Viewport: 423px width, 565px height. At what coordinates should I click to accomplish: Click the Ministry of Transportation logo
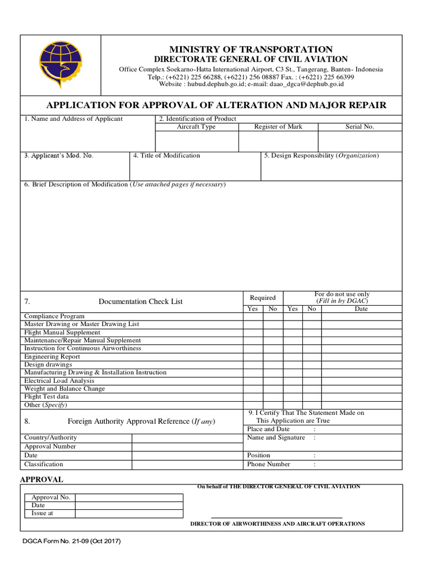point(60,65)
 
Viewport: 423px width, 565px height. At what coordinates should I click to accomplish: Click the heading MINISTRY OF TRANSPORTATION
point(251,50)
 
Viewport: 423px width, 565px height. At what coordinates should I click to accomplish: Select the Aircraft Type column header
point(196,127)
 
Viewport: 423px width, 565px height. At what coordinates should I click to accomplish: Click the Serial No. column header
point(360,127)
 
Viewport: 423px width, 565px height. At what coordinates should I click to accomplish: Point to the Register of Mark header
point(278,127)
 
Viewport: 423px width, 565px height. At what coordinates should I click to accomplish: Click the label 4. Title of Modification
point(166,156)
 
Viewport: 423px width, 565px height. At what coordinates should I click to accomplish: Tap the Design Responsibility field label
point(321,156)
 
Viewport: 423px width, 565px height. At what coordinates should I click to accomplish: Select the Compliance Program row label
point(55,316)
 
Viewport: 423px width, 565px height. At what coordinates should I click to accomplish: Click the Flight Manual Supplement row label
point(62,333)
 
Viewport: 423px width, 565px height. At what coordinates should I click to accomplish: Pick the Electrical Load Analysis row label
point(59,381)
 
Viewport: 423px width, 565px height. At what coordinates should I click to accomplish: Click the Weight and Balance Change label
point(64,388)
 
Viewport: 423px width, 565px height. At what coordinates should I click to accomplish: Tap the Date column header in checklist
point(361,309)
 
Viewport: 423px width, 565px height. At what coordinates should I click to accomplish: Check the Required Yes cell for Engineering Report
point(253,356)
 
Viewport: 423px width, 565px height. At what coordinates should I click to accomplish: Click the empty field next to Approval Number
point(187,446)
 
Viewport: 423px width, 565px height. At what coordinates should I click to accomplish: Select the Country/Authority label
point(51,438)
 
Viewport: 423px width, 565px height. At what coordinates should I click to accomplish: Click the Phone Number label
point(269,464)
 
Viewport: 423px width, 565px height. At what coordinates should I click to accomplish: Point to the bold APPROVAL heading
point(42,479)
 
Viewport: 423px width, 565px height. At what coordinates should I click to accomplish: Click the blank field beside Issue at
point(129,513)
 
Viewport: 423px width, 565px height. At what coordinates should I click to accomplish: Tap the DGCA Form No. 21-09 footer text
point(72,541)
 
